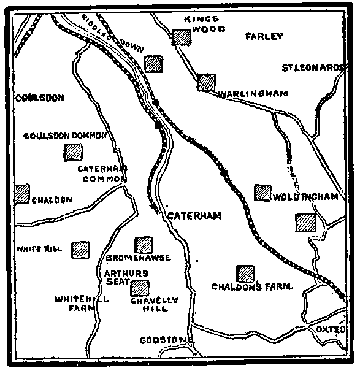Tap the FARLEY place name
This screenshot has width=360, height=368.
pos(264,36)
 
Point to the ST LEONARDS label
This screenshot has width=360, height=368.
pos(310,67)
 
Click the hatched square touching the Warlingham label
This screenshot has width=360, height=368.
pos(207,82)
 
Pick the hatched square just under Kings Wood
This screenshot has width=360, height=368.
pos(182,37)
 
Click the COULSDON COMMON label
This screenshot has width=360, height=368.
pos(66,136)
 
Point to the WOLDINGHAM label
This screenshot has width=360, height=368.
pos(306,197)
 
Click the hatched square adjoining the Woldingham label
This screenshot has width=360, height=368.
pos(262,193)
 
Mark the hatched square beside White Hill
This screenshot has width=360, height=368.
pos(80,249)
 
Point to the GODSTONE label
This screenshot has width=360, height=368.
pos(166,339)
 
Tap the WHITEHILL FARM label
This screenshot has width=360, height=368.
pos(73,304)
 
